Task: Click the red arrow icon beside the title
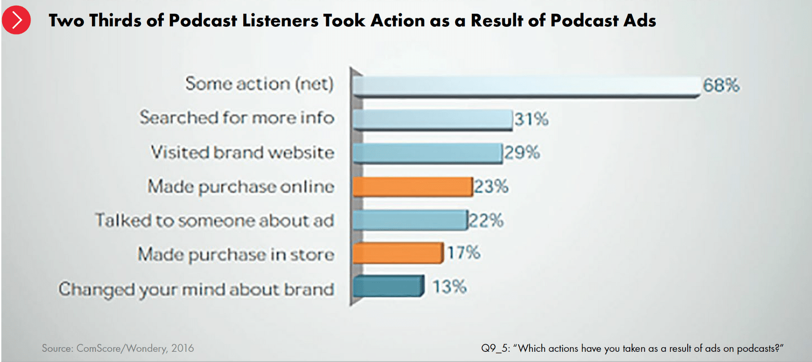(x=16, y=20)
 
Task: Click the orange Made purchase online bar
(x=413, y=186)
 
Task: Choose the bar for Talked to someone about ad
(x=410, y=220)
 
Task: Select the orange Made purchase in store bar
(x=398, y=253)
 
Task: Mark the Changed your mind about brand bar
(x=388, y=286)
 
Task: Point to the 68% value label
(x=721, y=85)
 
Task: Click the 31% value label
(x=531, y=119)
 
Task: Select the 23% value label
(x=491, y=186)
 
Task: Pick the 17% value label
(x=463, y=252)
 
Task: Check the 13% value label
(x=450, y=287)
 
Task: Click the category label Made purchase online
(x=241, y=187)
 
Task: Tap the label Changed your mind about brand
(x=196, y=289)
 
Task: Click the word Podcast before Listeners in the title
(x=202, y=21)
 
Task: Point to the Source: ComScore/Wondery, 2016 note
(x=118, y=348)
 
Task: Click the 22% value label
(x=486, y=221)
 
